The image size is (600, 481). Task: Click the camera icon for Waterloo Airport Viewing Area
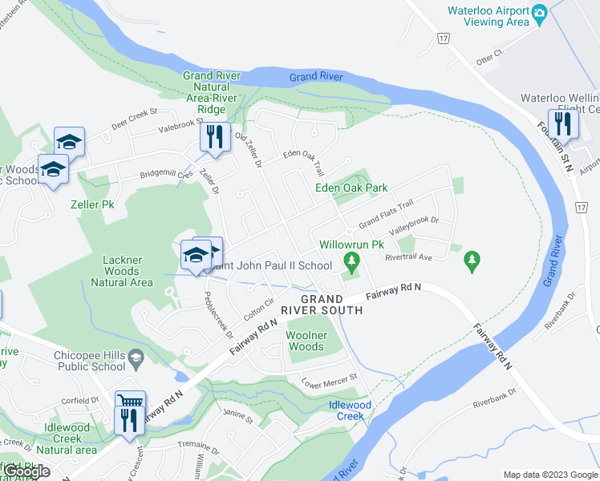(x=539, y=11)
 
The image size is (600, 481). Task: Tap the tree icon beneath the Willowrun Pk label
(x=351, y=261)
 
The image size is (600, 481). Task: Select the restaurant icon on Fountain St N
(x=562, y=123)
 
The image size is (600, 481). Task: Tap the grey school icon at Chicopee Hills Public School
(x=136, y=355)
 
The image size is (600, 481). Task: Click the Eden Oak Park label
(x=351, y=188)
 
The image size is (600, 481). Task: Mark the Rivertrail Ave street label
(x=408, y=257)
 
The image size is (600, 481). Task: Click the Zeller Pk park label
(x=91, y=205)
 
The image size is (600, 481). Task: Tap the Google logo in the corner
(x=26, y=471)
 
